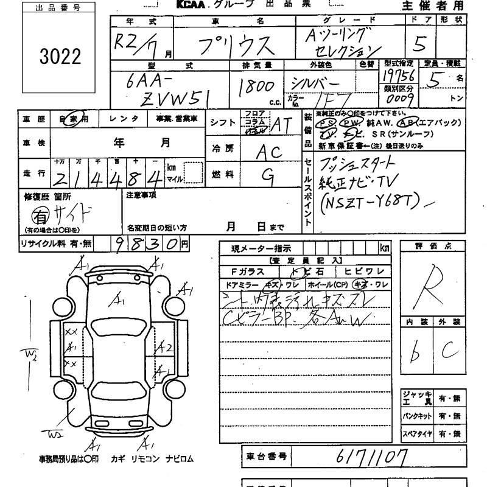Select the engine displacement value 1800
point(256,87)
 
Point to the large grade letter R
point(429,286)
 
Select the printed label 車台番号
point(265,455)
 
